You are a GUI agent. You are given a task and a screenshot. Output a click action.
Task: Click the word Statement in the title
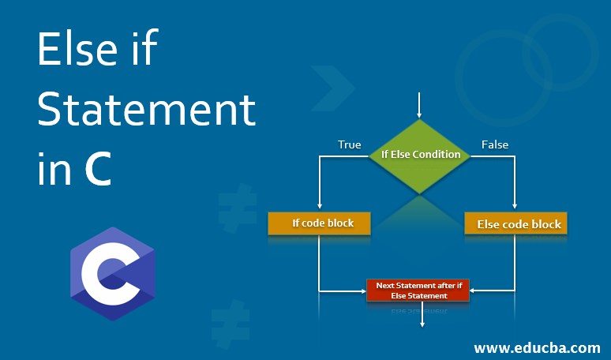click(x=147, y=111)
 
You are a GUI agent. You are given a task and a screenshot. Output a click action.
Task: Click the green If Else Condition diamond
click(x=420, y=155)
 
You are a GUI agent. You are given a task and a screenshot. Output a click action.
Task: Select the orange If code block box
click(x=322, y=223)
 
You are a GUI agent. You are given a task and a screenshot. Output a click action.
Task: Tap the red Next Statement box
click(x=418, y=290)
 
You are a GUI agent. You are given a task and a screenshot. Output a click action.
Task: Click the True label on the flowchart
click(x=349, y=144)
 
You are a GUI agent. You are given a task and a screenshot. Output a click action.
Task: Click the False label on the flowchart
click(x=495, y=144)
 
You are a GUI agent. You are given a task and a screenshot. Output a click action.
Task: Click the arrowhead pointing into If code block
click(x=319, y=208)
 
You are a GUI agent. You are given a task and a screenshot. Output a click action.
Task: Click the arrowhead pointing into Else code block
click(x=515, y=208)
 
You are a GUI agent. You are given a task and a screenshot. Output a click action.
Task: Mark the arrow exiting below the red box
click(x=422, y=316)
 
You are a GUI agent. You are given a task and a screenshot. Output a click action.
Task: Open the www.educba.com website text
click(x=537, y=347)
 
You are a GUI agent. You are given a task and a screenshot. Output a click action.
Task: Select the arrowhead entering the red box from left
click(x=363, y=291)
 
